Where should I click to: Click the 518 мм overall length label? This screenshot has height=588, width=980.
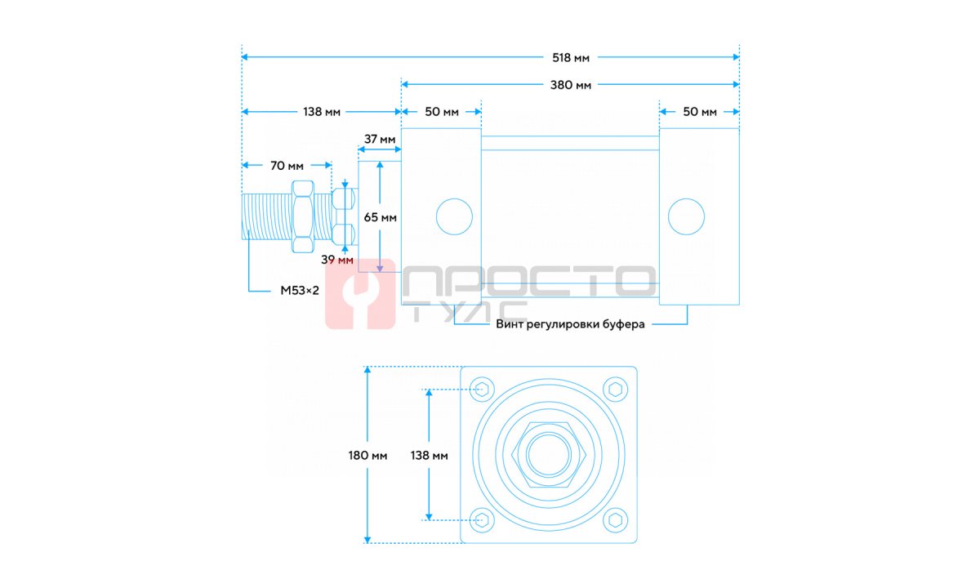[571, 58]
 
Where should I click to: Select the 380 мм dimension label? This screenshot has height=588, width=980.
[571, 85]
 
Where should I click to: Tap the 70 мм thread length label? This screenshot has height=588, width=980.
[287, 166]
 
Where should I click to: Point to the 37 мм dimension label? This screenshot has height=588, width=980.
[379, 139]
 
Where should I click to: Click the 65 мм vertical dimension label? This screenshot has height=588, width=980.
[380, 217]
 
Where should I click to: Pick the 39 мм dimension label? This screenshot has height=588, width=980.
[336, 260]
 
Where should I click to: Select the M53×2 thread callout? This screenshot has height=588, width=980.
[300, 291]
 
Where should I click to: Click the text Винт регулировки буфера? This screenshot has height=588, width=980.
[570, 325]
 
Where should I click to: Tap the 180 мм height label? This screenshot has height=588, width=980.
[367, 456]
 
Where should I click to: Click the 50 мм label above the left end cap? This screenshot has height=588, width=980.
[442, 112]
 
